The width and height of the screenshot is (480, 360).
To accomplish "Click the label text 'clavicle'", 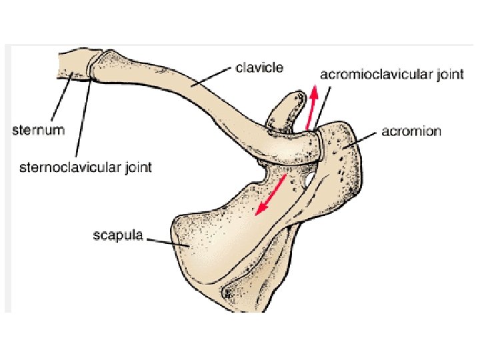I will click(x=260, y=68).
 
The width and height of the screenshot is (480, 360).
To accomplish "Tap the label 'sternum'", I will click(x=39, y=129).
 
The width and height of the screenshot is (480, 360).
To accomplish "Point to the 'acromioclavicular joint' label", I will click(x=392, y=74).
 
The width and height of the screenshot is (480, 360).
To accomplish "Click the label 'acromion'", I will click(x=411, y=131).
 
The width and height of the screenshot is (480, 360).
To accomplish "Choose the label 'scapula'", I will click(x=117, y=236).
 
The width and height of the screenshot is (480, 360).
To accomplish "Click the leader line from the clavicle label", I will click(x=211, y=77).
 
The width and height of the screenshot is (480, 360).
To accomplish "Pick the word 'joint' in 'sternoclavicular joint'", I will click(x=137, y=166).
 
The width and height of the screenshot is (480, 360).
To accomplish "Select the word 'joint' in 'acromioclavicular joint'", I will click(x=449, y=74).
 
